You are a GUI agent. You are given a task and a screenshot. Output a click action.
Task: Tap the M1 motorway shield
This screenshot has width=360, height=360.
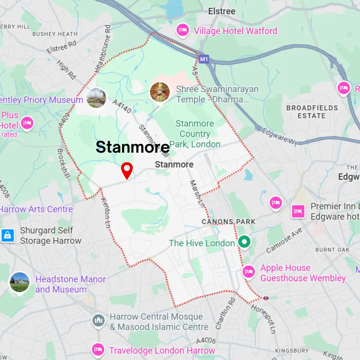(203, 58)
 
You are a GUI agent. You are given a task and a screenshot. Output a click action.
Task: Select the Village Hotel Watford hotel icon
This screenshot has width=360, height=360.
(183, 30)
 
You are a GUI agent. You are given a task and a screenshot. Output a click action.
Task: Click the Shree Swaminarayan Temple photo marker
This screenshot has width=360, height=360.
(160, 92)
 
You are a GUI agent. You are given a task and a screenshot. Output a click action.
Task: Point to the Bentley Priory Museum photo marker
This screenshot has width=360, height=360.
(96, 98)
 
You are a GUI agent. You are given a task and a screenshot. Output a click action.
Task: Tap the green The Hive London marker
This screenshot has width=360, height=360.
(245, 242)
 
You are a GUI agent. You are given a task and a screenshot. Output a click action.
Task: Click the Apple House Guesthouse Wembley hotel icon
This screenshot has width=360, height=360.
(248, 271)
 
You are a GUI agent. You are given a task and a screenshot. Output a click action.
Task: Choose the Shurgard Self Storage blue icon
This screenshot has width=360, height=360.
(8, 235)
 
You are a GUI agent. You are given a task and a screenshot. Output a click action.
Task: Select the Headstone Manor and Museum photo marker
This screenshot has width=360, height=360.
(19, 282)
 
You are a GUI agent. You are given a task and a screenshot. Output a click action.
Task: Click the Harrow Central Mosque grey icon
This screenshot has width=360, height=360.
(98, 320)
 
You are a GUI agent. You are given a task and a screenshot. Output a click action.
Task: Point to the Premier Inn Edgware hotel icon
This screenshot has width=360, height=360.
(298, 211)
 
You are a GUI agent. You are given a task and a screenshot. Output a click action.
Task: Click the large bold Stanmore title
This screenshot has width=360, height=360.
(132, 147)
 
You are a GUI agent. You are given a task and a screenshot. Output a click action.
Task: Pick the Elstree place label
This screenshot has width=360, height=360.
(222, 11)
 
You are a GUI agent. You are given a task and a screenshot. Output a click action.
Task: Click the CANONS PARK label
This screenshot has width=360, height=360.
(228, 222)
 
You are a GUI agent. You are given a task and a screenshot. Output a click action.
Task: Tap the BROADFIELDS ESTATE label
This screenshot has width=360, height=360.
(312, 112)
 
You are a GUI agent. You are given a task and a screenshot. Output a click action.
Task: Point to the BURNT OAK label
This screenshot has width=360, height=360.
(332, 249)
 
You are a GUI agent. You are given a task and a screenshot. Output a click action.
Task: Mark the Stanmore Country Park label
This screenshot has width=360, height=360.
(195, 134)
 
